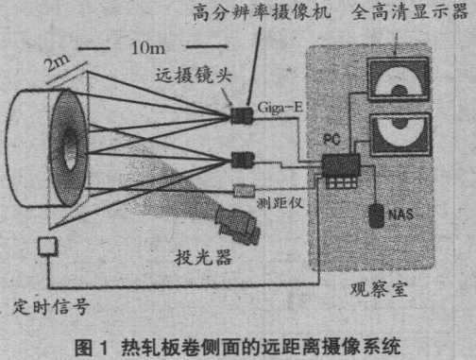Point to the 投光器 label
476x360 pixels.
(196, 255)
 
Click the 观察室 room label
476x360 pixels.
(372, 283)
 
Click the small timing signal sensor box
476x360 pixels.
(48, 249)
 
